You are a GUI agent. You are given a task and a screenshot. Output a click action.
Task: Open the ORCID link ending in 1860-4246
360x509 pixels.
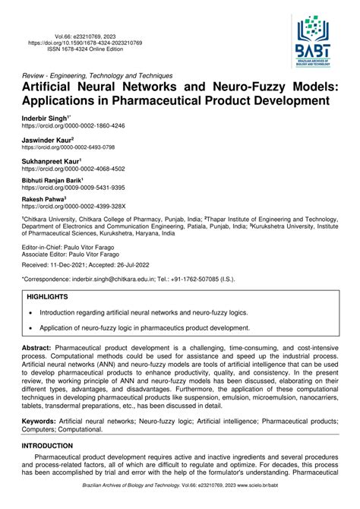coord(73,126)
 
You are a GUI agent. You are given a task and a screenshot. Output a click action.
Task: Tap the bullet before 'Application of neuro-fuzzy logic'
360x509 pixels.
coord(30,329)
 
